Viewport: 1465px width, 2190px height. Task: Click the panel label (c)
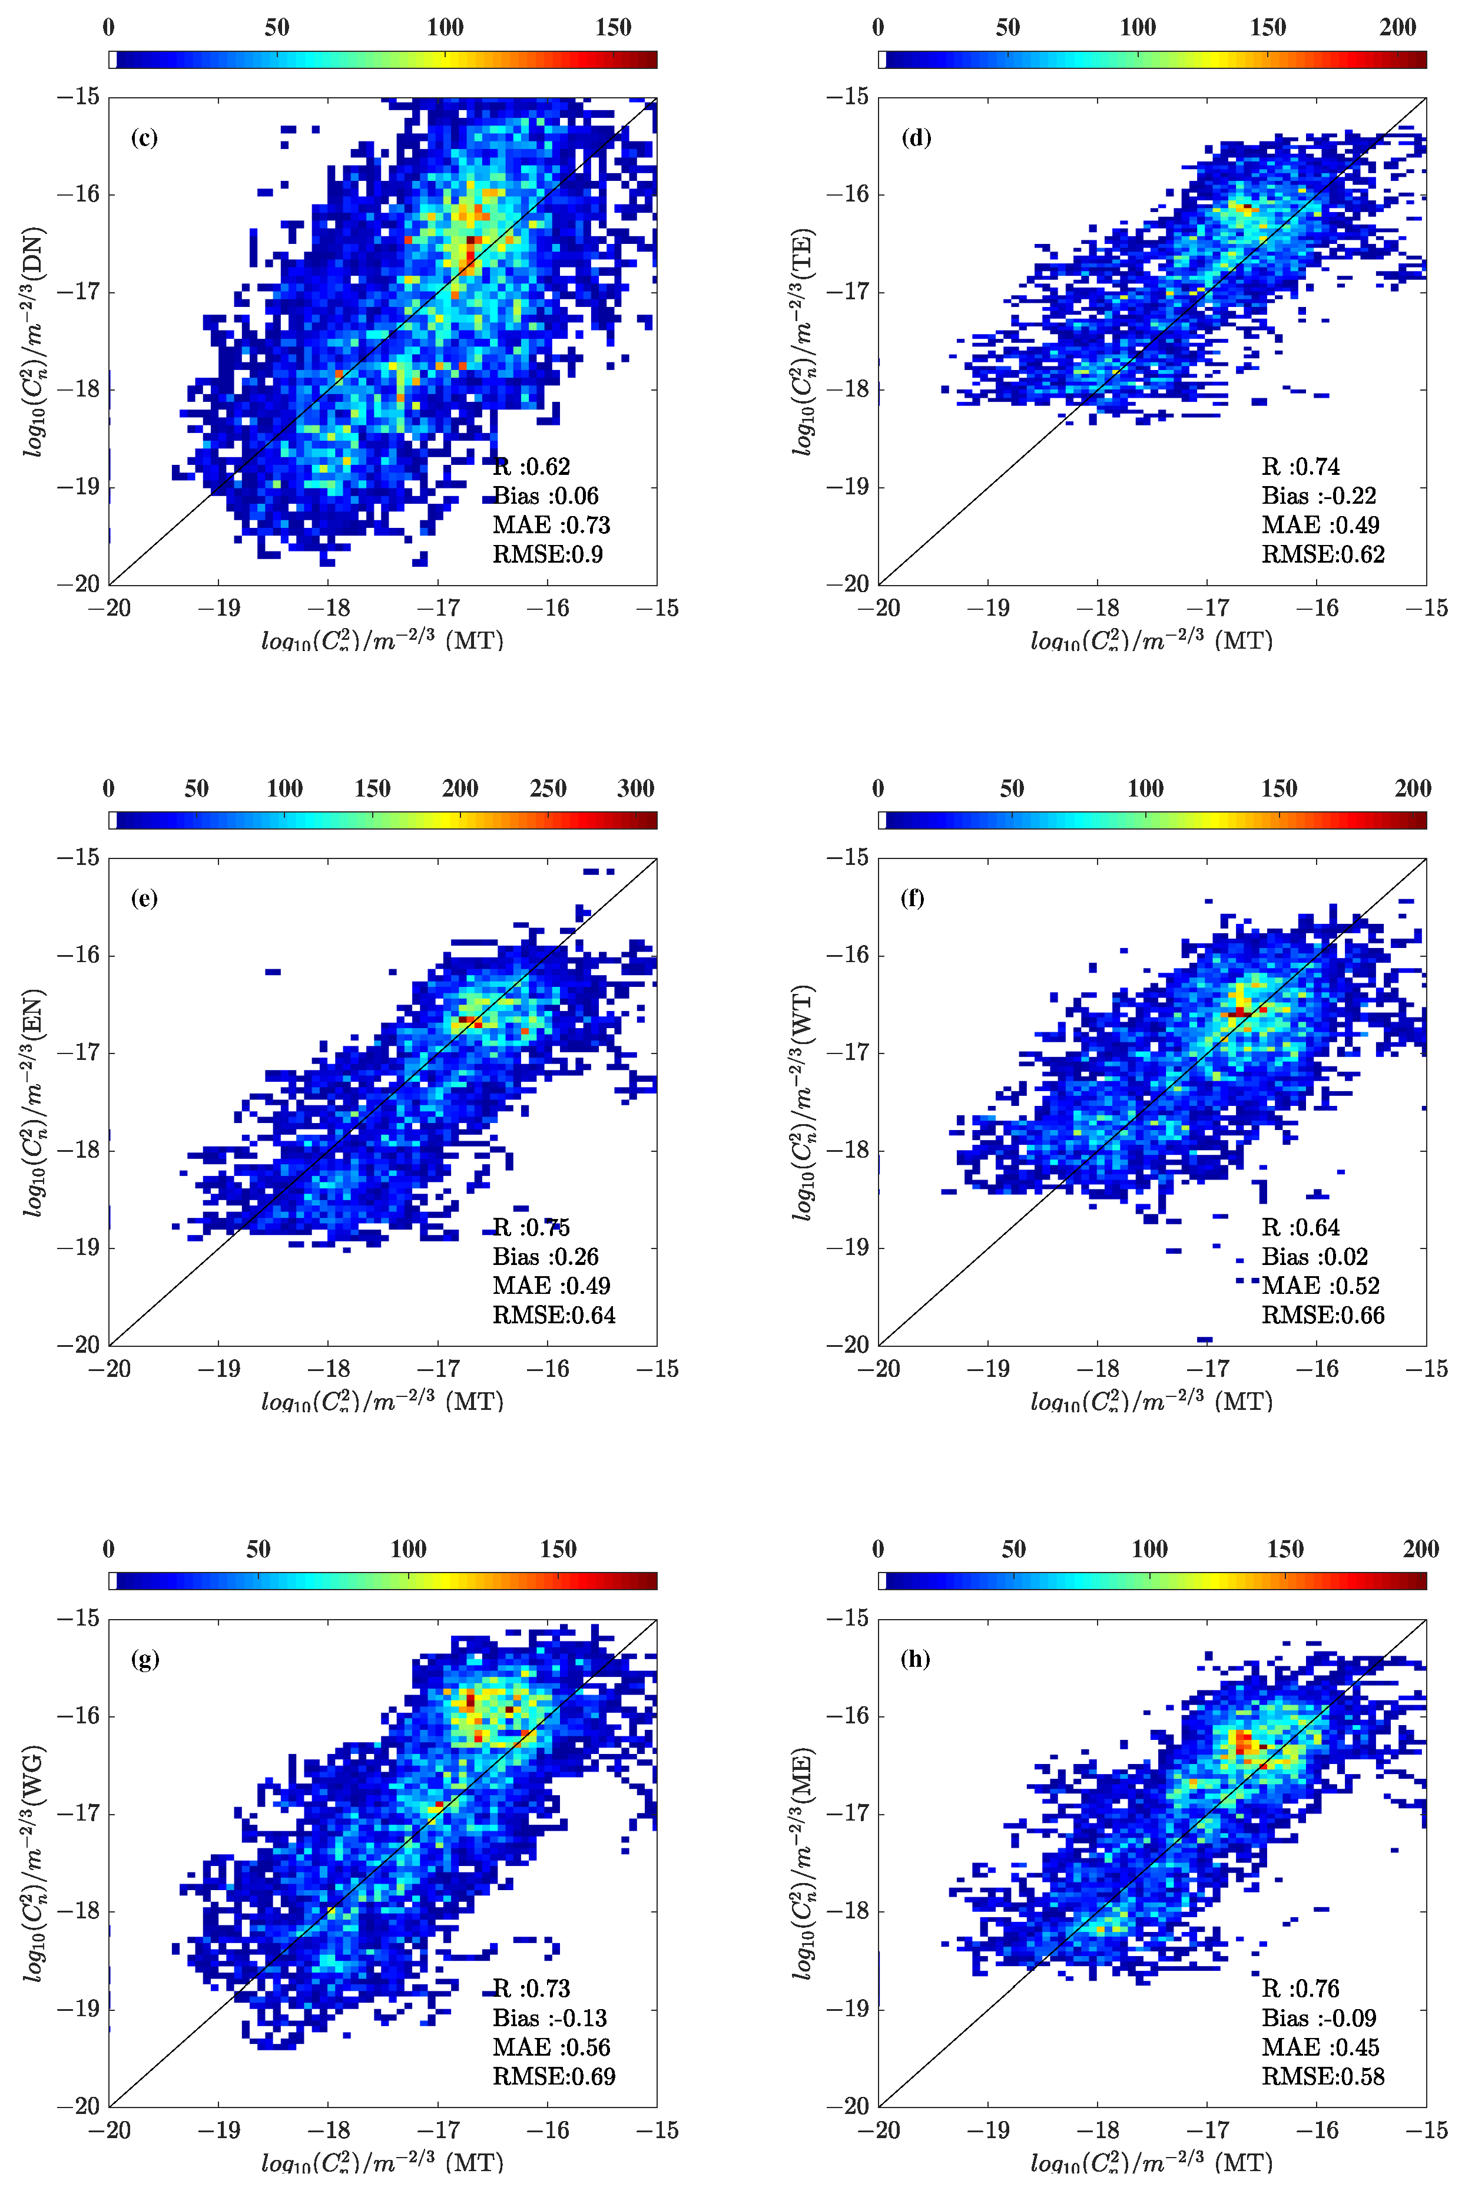[x=144, y=138]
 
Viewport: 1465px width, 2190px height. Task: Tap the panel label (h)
[x=914, y=1659]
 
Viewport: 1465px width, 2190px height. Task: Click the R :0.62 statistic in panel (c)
[x=531, y=467]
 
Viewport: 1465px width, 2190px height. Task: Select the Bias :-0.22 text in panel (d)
[x=1318, y=496]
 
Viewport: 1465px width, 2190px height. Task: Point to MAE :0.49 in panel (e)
[x=551, y=1286]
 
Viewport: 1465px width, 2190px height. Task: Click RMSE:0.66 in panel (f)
[x=1323, y=1315]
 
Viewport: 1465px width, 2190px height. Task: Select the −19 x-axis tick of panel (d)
[x=987, y=609]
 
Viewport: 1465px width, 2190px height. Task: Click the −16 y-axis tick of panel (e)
[x=78, y=954]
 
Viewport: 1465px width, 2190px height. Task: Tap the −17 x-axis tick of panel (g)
[x=438, y=2130]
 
